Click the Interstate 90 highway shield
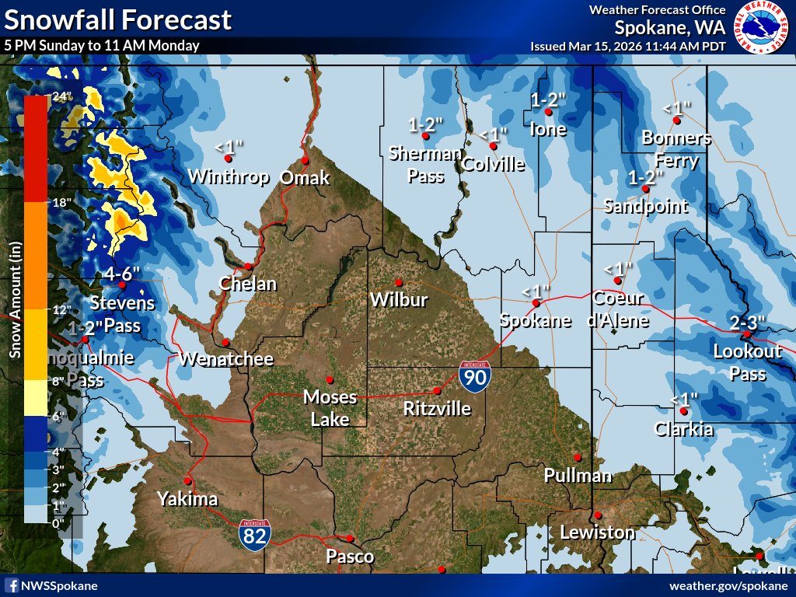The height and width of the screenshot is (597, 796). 473,375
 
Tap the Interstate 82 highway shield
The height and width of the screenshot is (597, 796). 255,534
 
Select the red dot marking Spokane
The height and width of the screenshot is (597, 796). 536,303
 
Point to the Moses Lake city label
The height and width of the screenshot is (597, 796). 330,407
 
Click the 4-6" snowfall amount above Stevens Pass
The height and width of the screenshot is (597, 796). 122,274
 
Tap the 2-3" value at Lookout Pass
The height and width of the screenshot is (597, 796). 748,322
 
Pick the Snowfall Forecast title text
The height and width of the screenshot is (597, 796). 118,19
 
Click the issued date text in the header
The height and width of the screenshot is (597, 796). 628,46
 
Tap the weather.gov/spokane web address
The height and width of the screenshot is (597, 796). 730,585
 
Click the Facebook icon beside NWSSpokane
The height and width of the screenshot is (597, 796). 12,585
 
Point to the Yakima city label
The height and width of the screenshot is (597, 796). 187,499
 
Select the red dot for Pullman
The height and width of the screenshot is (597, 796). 578,457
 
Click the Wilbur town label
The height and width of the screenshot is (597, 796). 399,299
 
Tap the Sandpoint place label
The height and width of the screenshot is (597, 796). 645,206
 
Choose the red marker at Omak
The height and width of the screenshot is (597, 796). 305,160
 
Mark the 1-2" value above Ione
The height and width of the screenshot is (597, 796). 548,99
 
